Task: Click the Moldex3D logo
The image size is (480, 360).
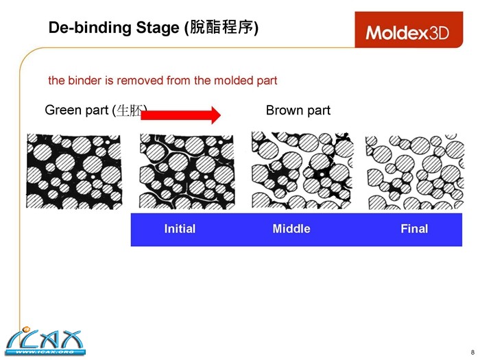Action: pyautogui.click(x=407, y=32)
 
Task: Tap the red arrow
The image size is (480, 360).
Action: pyautogui.click(x=180, y=115)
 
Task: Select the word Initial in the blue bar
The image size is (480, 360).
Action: pyautogui.click(x=180, y=229)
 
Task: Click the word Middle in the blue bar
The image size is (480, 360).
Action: pyautogui.click(x=291, y=229)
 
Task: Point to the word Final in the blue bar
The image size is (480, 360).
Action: pyautogui.click(x=414, y=229)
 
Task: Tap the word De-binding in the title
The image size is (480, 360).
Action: pyautogui.click(x=80, y=28)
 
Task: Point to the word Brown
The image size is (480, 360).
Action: pyautogui.click(x=281, y=110)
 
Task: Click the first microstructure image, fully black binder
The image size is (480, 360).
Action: pyautogui.click(x=73, y=171)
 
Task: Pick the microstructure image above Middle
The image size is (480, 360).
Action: pyautogui.click(x=301, y=171)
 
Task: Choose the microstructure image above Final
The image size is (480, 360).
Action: pyautogui.click(x=414, y=171)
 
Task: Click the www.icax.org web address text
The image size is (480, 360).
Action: pyautogui.click(x=44, y=352)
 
